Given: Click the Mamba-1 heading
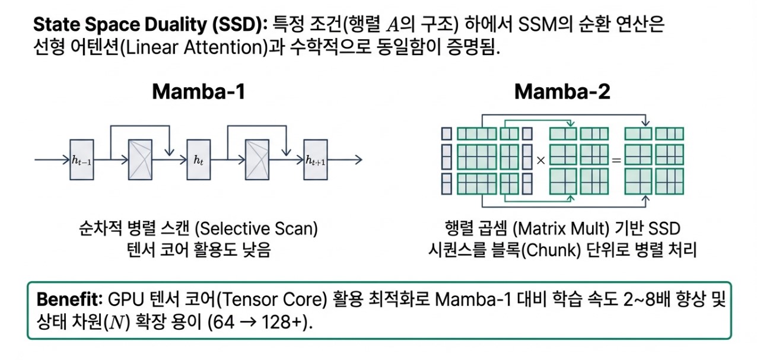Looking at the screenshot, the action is [199, 91].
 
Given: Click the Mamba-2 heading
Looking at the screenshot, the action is [562, 91].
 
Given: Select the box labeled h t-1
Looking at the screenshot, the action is [82, 160].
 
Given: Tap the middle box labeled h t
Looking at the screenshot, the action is [199, 160].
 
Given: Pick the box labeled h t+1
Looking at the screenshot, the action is [315, 160].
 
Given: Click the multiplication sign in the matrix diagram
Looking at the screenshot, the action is [540, 160].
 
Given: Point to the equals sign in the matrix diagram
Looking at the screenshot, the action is [616, 160].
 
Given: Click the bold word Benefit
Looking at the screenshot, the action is [69, 300].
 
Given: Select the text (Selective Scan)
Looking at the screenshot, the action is [256, 228].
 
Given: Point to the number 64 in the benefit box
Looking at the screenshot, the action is [224, 322].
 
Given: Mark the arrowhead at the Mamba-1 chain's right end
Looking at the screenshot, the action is [359, 160].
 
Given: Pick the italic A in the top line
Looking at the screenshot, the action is [393, 25].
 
